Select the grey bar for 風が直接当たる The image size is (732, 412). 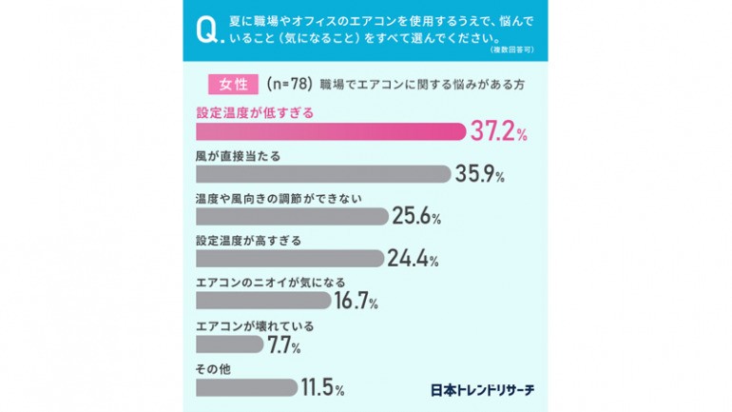(322, 173)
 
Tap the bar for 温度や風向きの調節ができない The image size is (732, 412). (291, 216)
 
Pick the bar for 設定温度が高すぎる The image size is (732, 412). (289, 258)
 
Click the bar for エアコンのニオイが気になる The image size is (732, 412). (263, 301)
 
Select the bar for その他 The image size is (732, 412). (246, 387)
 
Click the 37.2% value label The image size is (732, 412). (498, 132)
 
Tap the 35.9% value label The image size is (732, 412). (479, 174)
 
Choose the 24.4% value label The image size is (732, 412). (414, 259)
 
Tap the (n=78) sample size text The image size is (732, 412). (290, 84)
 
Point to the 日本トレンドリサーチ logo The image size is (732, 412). (481, 389)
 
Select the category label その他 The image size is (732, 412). (211, 368)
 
